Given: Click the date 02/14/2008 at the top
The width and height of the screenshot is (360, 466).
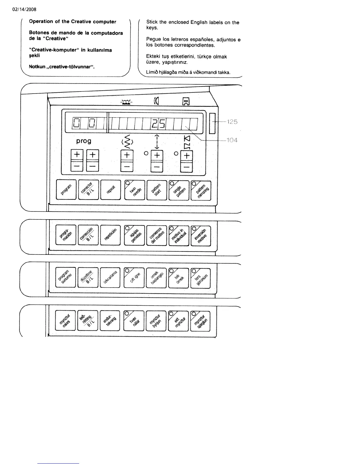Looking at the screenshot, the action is tap(24, 9).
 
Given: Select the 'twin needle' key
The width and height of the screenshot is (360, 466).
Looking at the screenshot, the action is tap(134, 190).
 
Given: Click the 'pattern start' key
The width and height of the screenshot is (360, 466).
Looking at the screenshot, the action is tap(156, 190).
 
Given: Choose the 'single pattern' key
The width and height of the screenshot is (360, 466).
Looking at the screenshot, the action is tap(179, 190).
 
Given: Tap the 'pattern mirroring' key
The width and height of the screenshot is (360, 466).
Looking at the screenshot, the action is tap(201, 190).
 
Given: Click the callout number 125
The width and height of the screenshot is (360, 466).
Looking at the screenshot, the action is tap(232, 122).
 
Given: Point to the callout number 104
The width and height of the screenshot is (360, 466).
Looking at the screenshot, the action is tap(232, 140).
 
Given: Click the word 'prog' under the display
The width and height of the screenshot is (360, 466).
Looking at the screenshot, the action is tap(84, 141).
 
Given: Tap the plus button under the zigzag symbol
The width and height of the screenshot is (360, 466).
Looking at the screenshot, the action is tap(127, 155).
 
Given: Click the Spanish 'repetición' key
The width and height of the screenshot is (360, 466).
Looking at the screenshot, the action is tap(110, 235).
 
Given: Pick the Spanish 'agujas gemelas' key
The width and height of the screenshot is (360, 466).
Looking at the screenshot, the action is tap(134, 235).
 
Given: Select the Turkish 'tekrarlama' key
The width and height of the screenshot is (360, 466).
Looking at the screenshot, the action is tap(110, 277).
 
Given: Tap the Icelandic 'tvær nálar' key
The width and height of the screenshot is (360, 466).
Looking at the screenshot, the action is tap(134, 321).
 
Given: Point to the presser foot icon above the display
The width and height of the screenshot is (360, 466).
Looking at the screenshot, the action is tap(186, 102).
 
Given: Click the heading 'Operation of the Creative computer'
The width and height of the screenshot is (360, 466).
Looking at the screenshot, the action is tap(72, 22).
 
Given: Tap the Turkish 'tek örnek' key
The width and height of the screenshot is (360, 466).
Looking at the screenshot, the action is tap(178, 277).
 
